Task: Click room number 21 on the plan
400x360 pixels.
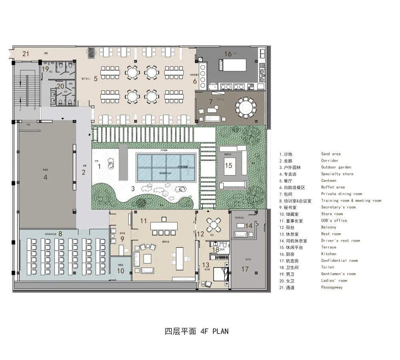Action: click(x=26, y=54)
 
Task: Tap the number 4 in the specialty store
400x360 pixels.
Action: click(x=45, y=176)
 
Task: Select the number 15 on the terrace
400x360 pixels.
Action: click(x=228, y=165)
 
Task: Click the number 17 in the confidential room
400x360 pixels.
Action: click(x=245, y=269)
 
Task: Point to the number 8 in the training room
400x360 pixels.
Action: click(x=60, y=233)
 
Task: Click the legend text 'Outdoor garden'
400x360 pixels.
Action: click(x=336, y=167)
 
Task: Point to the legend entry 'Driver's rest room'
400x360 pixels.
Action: click(x=340, y=240)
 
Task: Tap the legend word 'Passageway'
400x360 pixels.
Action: click(x=332, y=287)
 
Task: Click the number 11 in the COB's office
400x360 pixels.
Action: click(x=143, y=221)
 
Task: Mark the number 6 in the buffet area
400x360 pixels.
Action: click(x=195, y=81)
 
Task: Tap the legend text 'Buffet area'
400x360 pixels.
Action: click(x=333, y=187)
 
